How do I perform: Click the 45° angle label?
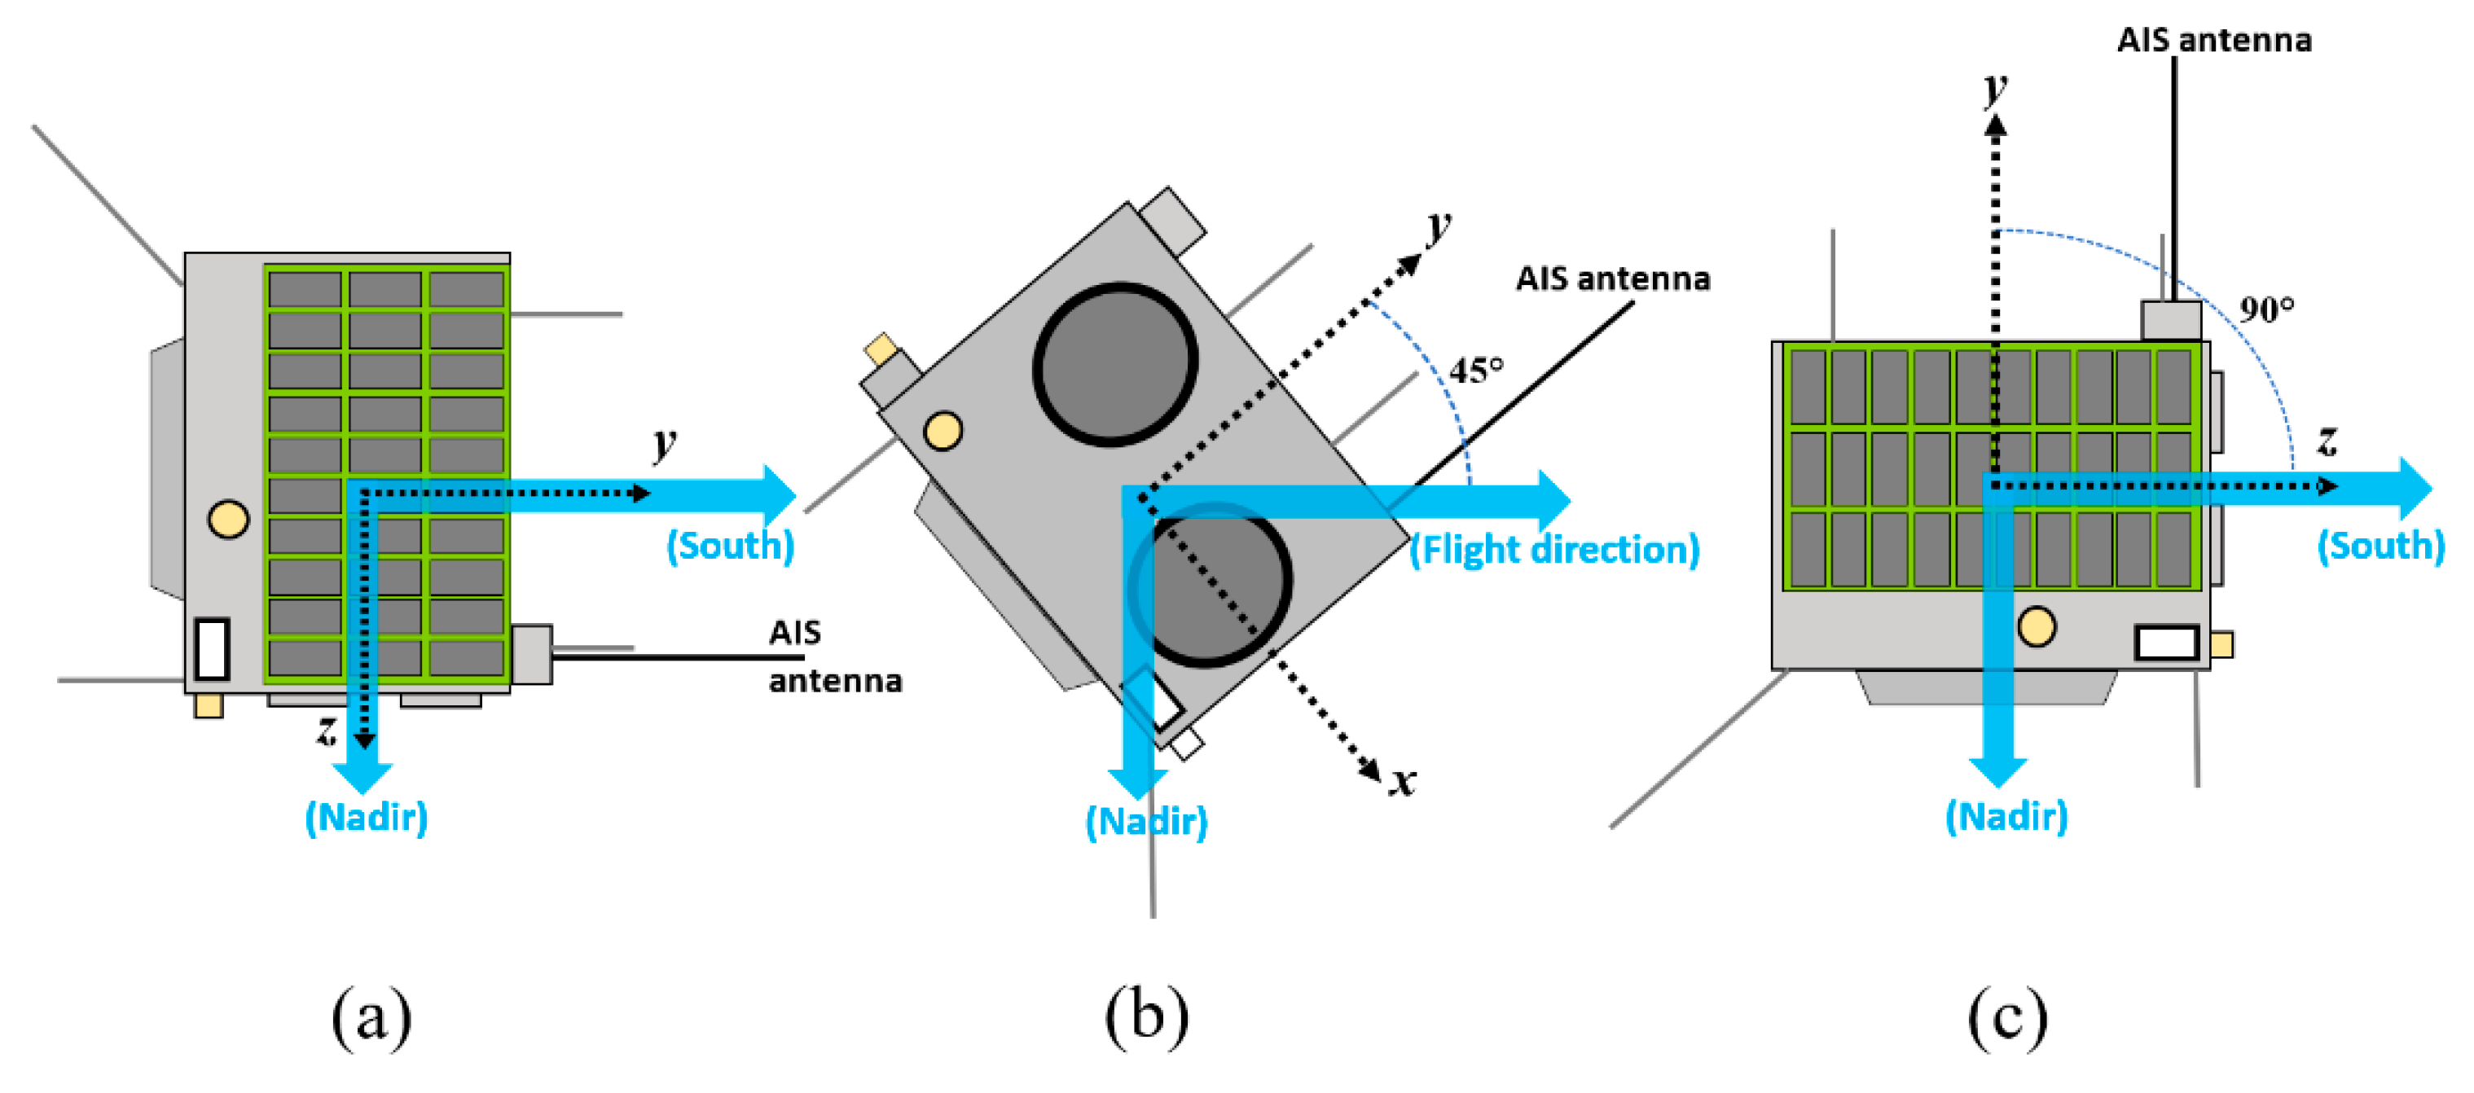coord(1475,370)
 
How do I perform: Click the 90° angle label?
coord(2266,309)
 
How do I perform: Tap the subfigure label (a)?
coord(371,1018)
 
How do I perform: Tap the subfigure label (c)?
coord(2006,1018)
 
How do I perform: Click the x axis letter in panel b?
coord(1403,780)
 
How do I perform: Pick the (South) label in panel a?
coord(730,546)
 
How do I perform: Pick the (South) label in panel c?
coord(2380,546)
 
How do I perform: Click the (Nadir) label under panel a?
coord(366,818)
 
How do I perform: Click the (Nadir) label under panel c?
coord(2006,816)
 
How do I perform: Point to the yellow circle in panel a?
coord(229,519)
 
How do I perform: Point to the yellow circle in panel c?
coord(2036,626)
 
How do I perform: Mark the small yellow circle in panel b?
coord(943,430)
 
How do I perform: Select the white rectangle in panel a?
coord(211,649)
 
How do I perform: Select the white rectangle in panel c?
coord(2167,643)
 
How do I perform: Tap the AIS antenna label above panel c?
coord(2214,41)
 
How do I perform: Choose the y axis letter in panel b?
coord(1438,226)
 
